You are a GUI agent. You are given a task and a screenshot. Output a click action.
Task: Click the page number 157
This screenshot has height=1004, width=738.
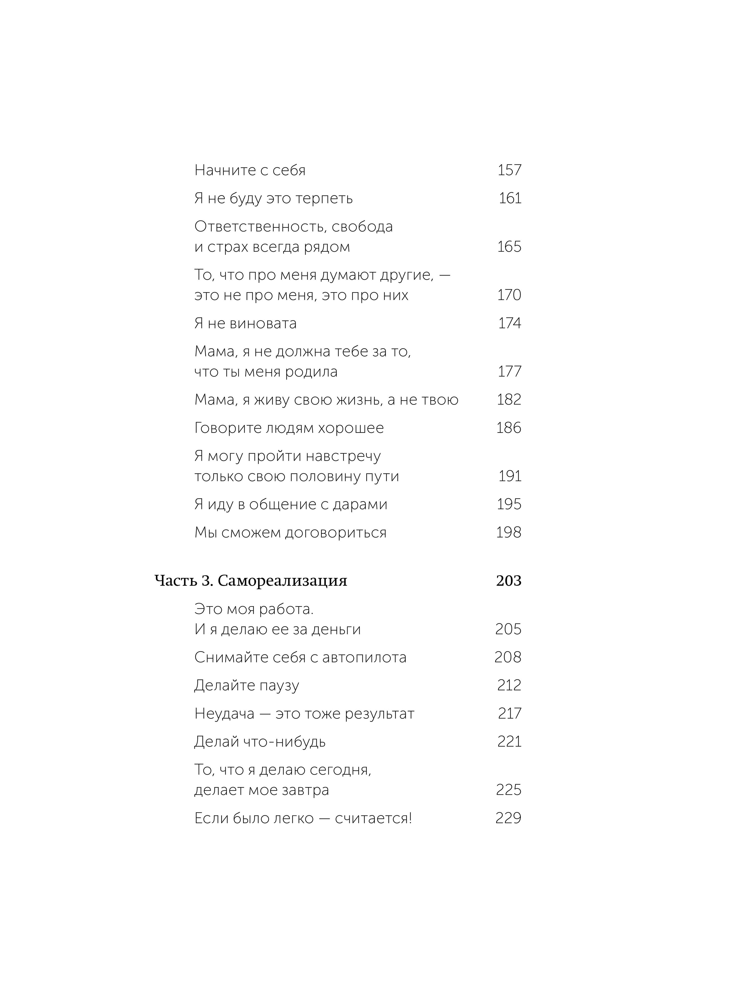point(509,170)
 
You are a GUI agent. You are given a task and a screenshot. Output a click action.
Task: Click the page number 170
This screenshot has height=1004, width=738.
point(509,295)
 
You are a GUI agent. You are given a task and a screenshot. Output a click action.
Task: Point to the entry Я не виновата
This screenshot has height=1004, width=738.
point(245,324)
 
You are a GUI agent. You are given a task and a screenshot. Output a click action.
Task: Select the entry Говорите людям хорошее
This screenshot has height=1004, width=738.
point(289,428)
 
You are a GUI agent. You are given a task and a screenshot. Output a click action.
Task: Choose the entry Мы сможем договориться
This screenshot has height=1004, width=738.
point(290,533)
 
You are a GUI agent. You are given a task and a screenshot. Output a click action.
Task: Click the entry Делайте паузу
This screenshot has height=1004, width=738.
point(247,685)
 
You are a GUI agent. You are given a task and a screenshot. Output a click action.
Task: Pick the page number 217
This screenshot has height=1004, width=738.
point(510,714)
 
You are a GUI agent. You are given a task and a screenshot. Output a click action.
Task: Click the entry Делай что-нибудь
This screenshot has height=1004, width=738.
point(260,742)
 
